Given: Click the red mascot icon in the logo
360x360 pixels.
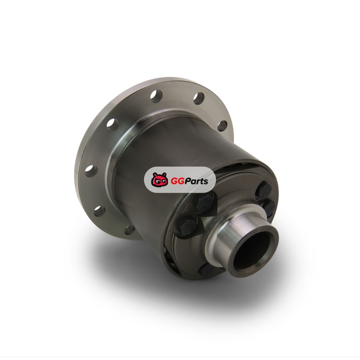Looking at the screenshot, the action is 159,179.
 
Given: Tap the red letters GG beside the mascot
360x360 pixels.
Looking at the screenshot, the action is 176,181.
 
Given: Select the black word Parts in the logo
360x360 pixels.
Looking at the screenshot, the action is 195,181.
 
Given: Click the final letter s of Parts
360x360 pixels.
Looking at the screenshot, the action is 206,182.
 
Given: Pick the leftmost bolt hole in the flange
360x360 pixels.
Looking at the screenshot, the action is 91,171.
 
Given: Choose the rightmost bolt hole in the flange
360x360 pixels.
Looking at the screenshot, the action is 222,126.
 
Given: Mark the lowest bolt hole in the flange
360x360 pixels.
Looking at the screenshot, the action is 129,230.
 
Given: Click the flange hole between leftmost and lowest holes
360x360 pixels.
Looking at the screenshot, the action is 99,211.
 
